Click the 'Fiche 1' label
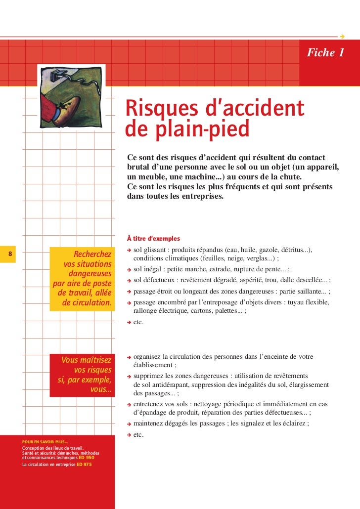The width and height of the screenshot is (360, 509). coord(325,53)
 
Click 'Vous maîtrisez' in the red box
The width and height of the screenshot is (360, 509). coord(86,360)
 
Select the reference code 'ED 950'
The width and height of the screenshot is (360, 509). coord(86,458)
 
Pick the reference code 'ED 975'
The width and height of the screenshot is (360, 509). coord(84,465)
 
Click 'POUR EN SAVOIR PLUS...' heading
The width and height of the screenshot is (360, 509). coord(45,442)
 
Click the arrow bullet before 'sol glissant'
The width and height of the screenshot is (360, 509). coord(129,250)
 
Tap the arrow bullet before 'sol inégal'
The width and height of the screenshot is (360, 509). coord(129,270)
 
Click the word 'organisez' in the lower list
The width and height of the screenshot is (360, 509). coord(147,357)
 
